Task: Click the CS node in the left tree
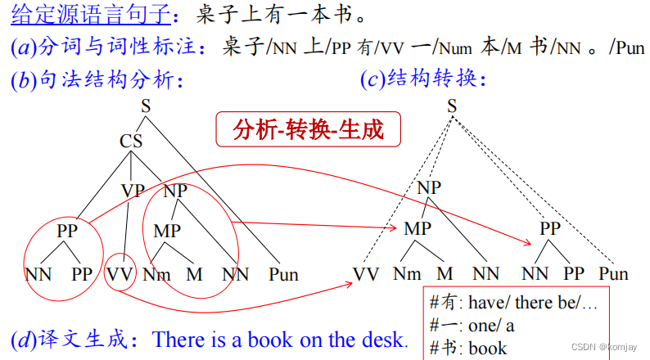click(131, 141)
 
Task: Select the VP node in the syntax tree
click(133, 191)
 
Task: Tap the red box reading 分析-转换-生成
click(308, 129)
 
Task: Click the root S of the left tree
click(146, 106)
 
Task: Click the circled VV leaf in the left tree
click(120, 274)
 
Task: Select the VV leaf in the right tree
click(367, 274)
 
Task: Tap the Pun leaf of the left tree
click(283, 274)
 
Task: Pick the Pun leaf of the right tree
click(613, 274)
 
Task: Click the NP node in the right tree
click(429, 187)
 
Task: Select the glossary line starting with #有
click(513, 302)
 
